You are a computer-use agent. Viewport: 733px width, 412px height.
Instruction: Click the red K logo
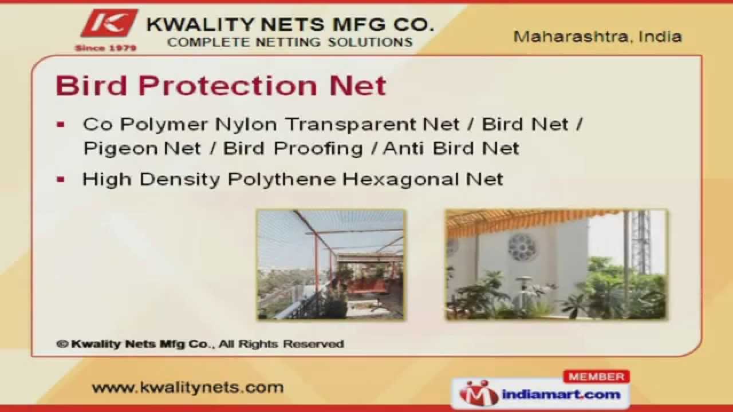[x=109, y=24]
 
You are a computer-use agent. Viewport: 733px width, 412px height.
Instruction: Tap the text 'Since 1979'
[x=106, y=48]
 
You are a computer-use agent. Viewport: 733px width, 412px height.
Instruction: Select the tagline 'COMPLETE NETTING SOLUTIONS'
[x=290, y=42]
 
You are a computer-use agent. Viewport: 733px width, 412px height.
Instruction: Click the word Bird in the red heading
[x=92, y=86]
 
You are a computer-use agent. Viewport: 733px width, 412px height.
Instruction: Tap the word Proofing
[x=317, y=149]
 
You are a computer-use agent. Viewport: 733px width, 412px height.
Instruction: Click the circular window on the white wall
[x=522, y=247]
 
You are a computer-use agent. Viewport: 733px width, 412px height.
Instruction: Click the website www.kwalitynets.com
[x=187, y=387]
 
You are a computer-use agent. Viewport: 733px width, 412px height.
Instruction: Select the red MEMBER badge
[x=596, y=377]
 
